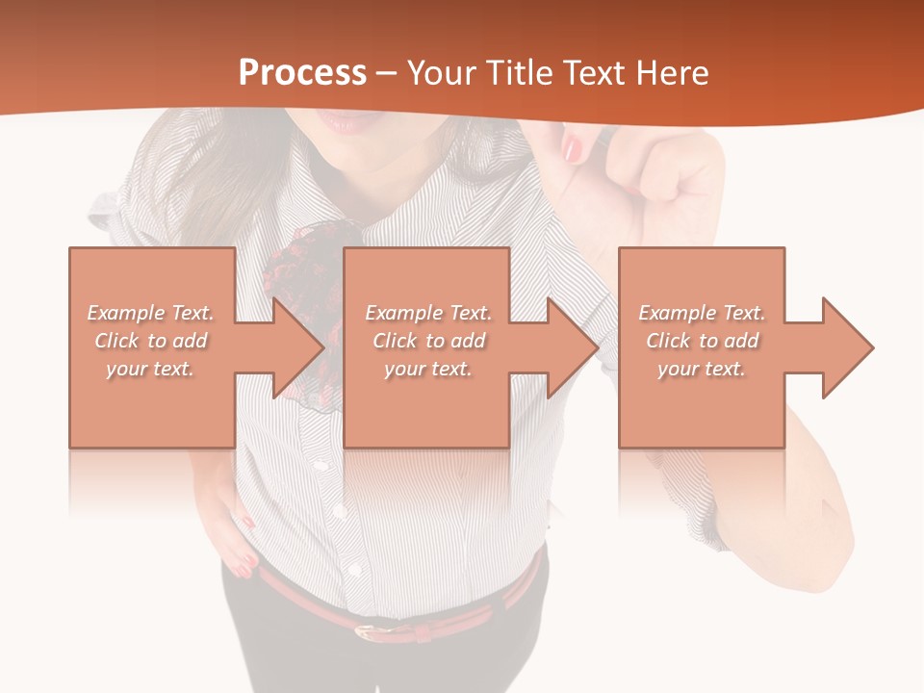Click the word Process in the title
click(x=302, y=73)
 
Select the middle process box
click(x=426, y=423)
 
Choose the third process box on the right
click(x=701, y=423)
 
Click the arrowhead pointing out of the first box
click(x=294, y=347)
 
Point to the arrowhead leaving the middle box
click(x=570, y=347)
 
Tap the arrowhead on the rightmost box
click(x=844, y=347)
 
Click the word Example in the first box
click(x=126, y=313)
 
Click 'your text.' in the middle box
click(x=427, y=369)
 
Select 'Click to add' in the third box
click(x=703, y=341)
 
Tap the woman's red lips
click(x=345, y=122)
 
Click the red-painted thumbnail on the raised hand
click(x=574, y=147)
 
